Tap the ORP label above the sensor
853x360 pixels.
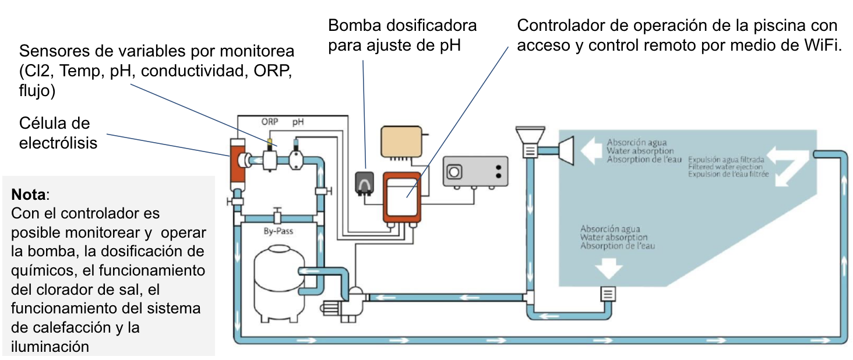coord(270,123)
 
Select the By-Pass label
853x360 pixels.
coord(279,231)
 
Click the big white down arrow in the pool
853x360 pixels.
coord(608,267)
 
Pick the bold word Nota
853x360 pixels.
coord(26,193)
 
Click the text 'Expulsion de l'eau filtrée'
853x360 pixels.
coord(728,174)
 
